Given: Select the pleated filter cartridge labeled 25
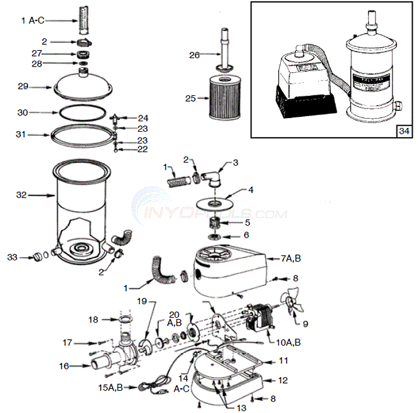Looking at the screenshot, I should (x=223, y=98).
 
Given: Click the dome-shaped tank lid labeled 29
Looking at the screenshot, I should (x=86, y=84).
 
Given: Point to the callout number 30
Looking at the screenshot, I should (x=22, y=112).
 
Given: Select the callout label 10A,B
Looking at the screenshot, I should (x=289, y=342).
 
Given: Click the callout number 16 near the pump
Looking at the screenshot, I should (x=64, y=367).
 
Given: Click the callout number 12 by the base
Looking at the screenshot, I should (x=283, y=379).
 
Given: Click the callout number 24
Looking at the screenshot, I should (x=143, y=118).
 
